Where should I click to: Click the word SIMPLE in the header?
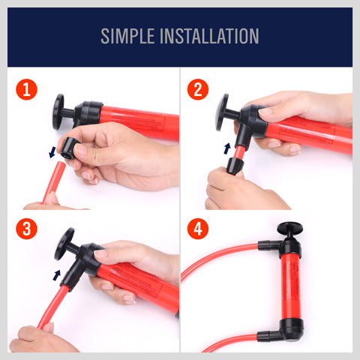pos(136,36)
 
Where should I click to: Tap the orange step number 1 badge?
pos(27,91)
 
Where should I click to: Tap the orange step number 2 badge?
pos(198,91)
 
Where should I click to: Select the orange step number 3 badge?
pos(27,229)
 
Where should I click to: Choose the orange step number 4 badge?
pos(198,229)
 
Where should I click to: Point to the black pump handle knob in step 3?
pos(64,243)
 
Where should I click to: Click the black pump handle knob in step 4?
pos(286,228)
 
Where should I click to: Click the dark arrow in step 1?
pos(53,152)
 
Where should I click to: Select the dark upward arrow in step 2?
pos(226,149)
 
